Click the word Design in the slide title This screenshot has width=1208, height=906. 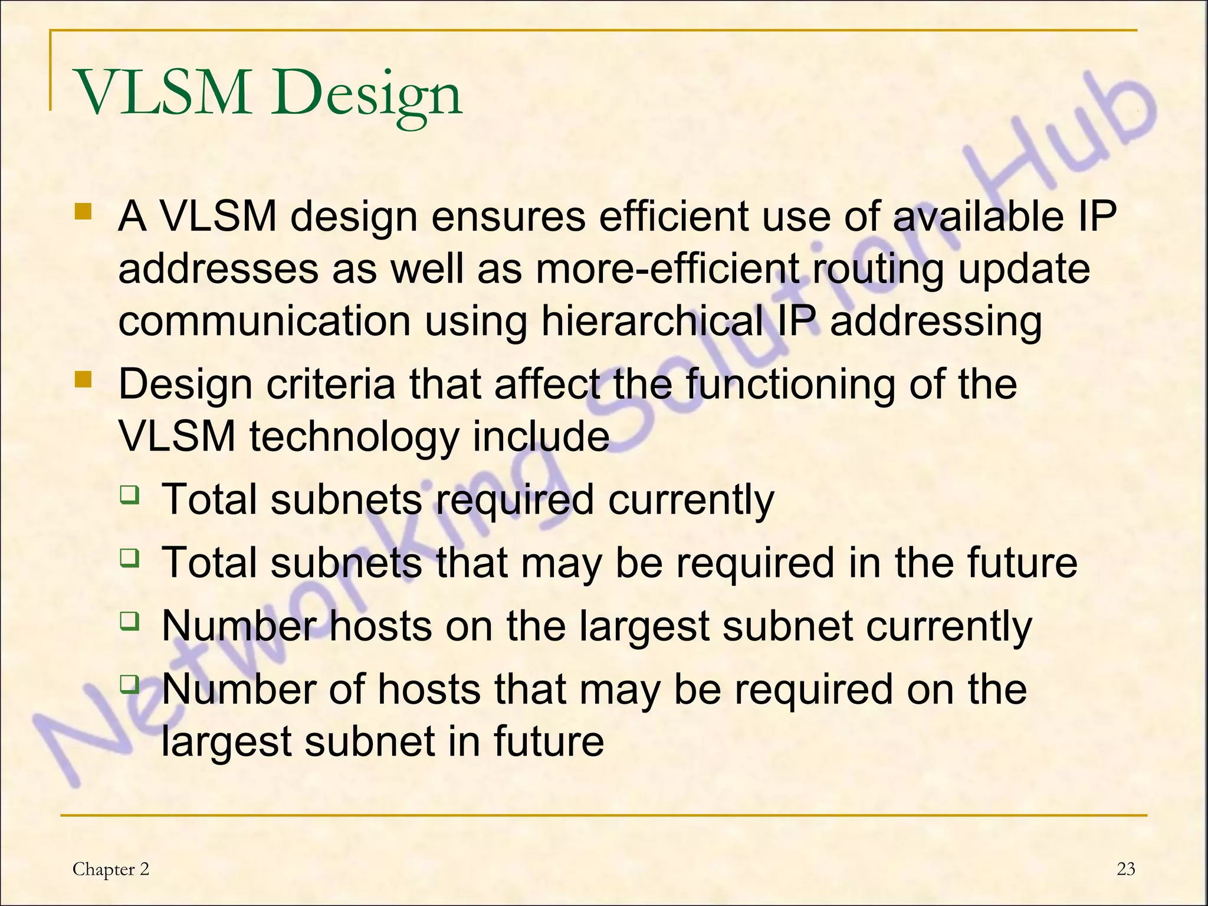click(x=366, y=94)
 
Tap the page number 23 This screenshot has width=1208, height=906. click(x=1126, y=869)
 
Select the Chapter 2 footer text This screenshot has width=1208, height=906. click(x=111, y=869)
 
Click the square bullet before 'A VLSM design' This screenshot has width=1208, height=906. click(x=83, y=212)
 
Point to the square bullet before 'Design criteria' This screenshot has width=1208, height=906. click(x=83, y=379)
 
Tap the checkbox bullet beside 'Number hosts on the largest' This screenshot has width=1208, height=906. click(x=129, y=621)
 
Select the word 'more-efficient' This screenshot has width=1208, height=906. click(x=667, y=269)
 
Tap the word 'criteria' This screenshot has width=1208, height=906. click(x=330, y=384)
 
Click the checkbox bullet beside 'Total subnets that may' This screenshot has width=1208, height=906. click(x=129, y=557)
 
